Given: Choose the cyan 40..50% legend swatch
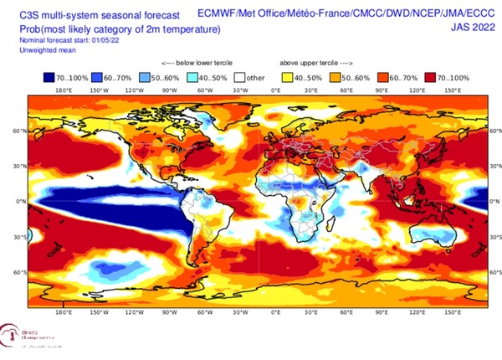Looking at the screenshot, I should pos(194,77).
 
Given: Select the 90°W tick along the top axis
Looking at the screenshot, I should pos(169,90).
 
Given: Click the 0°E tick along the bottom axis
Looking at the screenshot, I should pos(275,312).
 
